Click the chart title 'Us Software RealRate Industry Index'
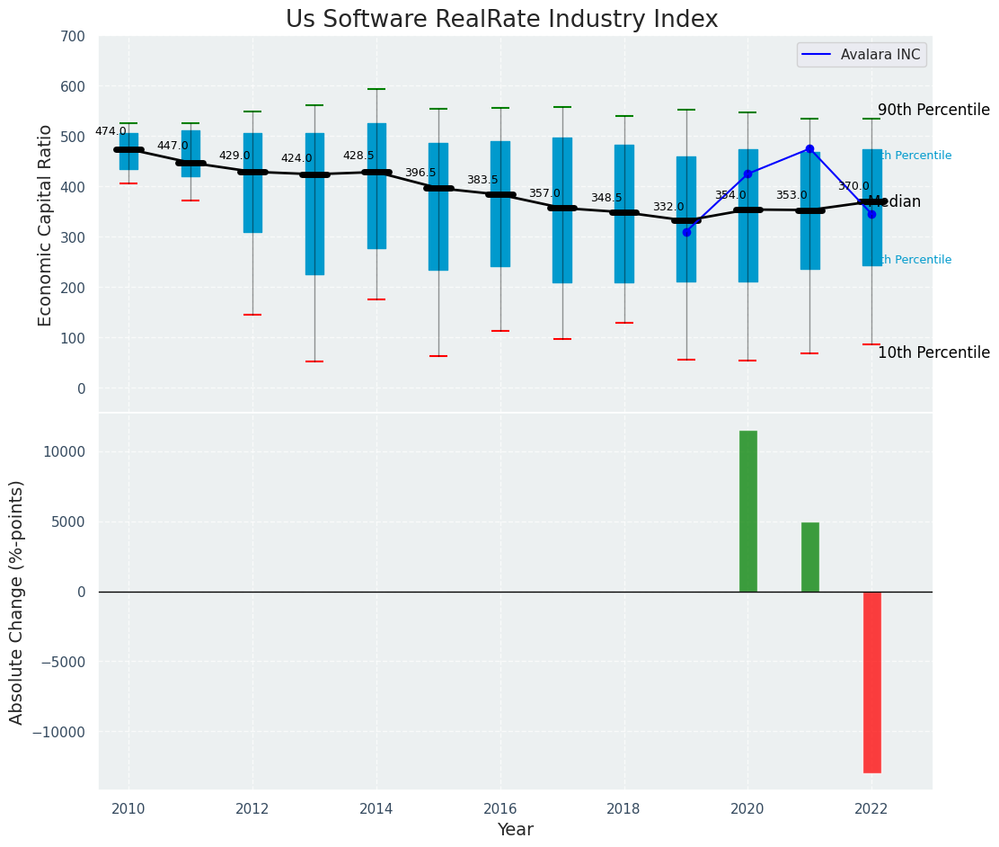501,20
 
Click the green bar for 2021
809,557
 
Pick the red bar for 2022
871,682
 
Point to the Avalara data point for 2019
686,232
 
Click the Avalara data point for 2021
809,149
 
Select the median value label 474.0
111,131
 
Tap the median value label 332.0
668,207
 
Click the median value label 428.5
358,156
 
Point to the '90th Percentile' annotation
933,110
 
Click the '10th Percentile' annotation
933,352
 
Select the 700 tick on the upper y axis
73,37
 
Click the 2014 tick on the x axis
376,807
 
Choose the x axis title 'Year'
515,830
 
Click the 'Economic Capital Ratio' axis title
46,225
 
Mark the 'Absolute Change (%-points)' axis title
17,602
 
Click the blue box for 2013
314,204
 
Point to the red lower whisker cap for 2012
252,315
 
